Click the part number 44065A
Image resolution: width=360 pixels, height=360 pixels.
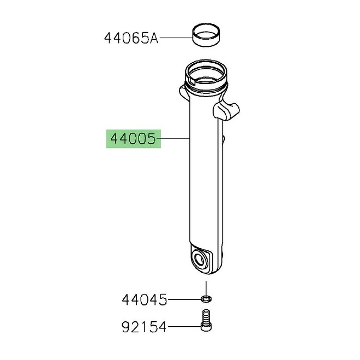(131, 38)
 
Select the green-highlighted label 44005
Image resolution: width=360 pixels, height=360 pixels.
(134, 139)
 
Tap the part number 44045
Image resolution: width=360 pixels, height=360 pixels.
(145, 300)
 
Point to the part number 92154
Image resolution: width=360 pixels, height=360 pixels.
(143, 327)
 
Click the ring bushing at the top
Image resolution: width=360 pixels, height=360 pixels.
(206, 34)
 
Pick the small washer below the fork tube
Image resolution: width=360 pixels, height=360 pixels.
(206, 299)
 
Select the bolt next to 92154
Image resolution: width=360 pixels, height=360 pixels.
(206, 321)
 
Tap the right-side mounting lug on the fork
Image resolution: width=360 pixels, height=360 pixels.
(227, 111)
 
